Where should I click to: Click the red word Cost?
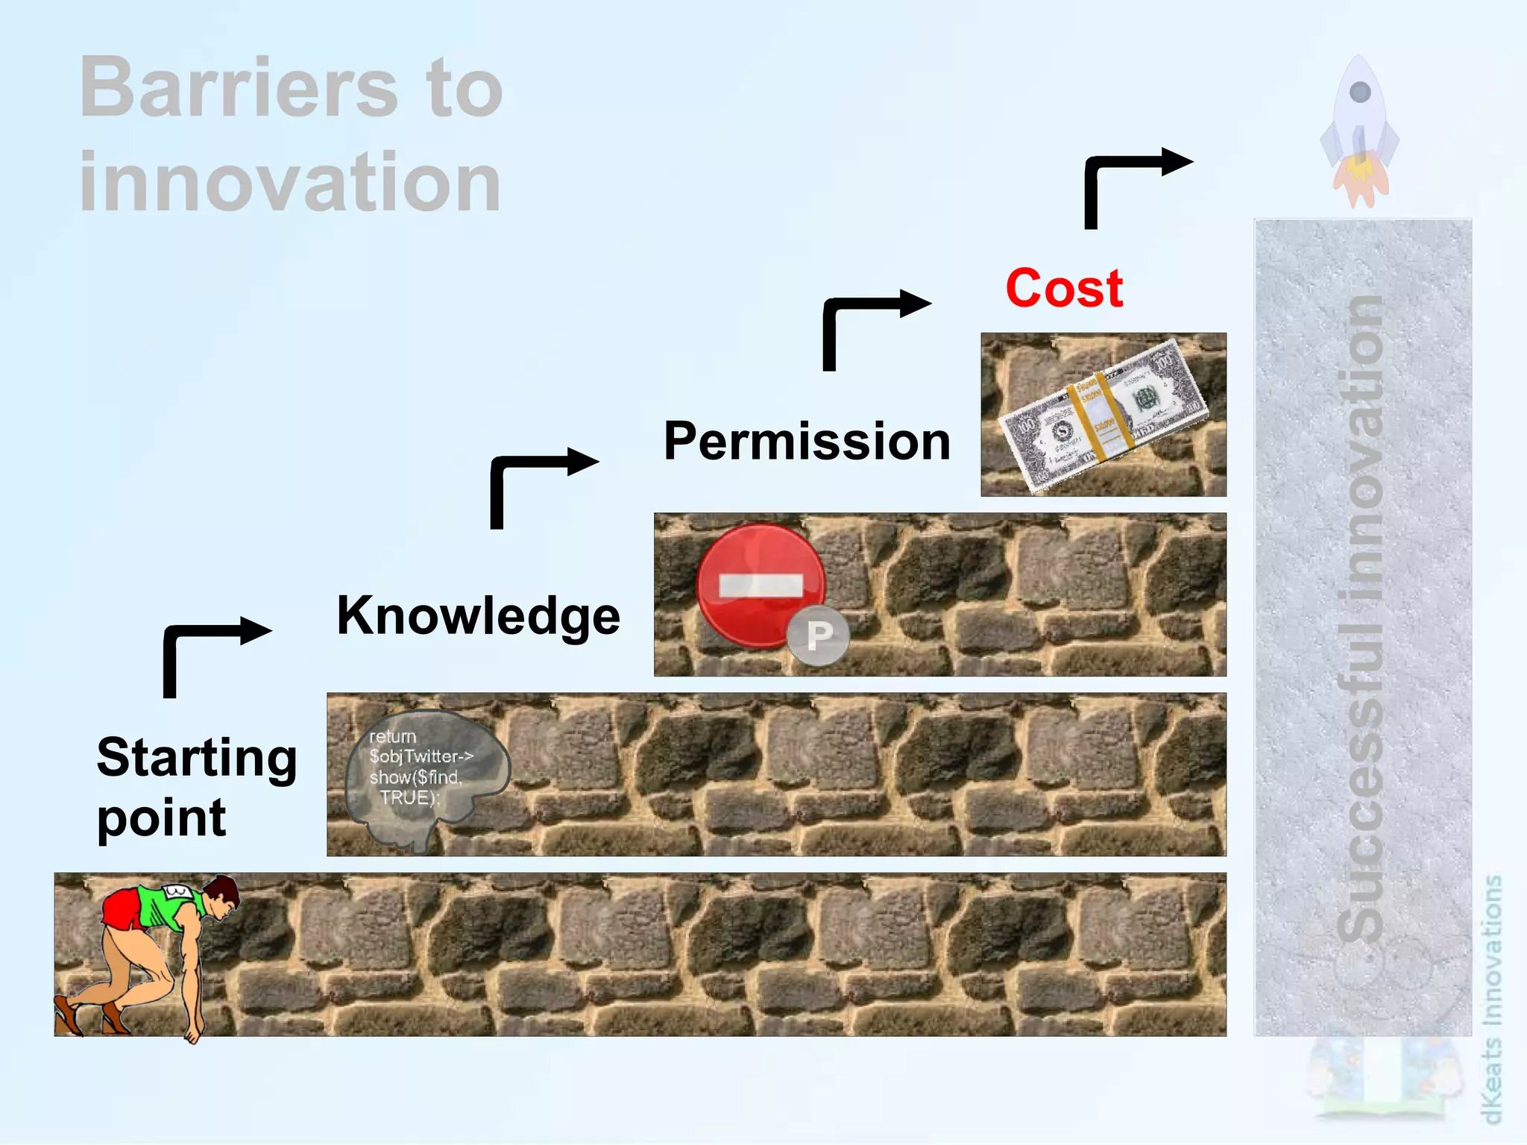(x=1064, y=289)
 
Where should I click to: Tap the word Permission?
(x=807, y=441)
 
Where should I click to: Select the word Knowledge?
(x=478, y=616)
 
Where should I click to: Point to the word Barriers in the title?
(x=239, y=88)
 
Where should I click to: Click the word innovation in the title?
(x=290, y=182)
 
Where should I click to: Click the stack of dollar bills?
(x=1102, y=415)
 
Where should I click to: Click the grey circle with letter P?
(x=819, y=636)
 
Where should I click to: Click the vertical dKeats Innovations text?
(x=1491, y=1000)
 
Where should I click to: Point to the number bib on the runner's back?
(x=177, y=891)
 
